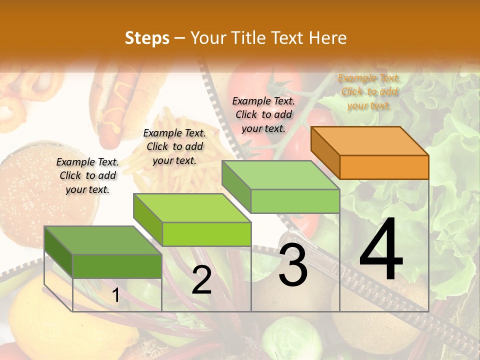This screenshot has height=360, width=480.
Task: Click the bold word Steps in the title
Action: (x=147, y=38)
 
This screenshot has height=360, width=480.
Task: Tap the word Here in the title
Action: (x=328, y=38)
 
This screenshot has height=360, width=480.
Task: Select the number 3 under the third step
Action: (x=293, y=266)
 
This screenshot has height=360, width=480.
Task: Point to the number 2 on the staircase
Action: (x=201, y=280)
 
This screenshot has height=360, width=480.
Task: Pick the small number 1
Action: (x=115, y=295)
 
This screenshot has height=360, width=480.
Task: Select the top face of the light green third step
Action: (x=280, y=175)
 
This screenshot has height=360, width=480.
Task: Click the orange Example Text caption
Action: (x=369, y=91)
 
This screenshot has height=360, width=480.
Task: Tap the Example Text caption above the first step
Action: (x=87, y=175)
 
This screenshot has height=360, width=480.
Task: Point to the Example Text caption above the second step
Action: (x=174, y=146)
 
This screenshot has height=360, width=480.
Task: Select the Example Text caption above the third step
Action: (x=263, y=114)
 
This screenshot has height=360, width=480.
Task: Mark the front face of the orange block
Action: (x=384, y=167)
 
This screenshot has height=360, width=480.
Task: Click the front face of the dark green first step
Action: (x=117, y=266)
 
